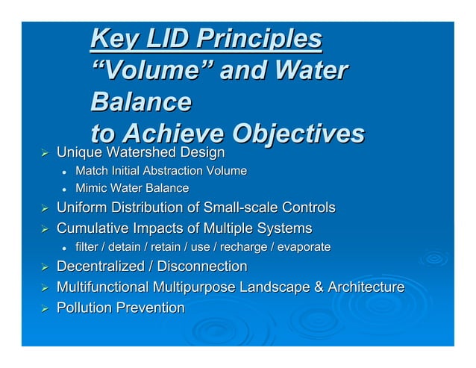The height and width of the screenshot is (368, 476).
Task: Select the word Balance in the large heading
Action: click(x=140, y=102)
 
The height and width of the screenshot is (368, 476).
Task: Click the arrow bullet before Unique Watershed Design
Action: click(x=43, y=153)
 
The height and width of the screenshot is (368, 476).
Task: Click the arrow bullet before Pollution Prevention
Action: click(x=43, y=308)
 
